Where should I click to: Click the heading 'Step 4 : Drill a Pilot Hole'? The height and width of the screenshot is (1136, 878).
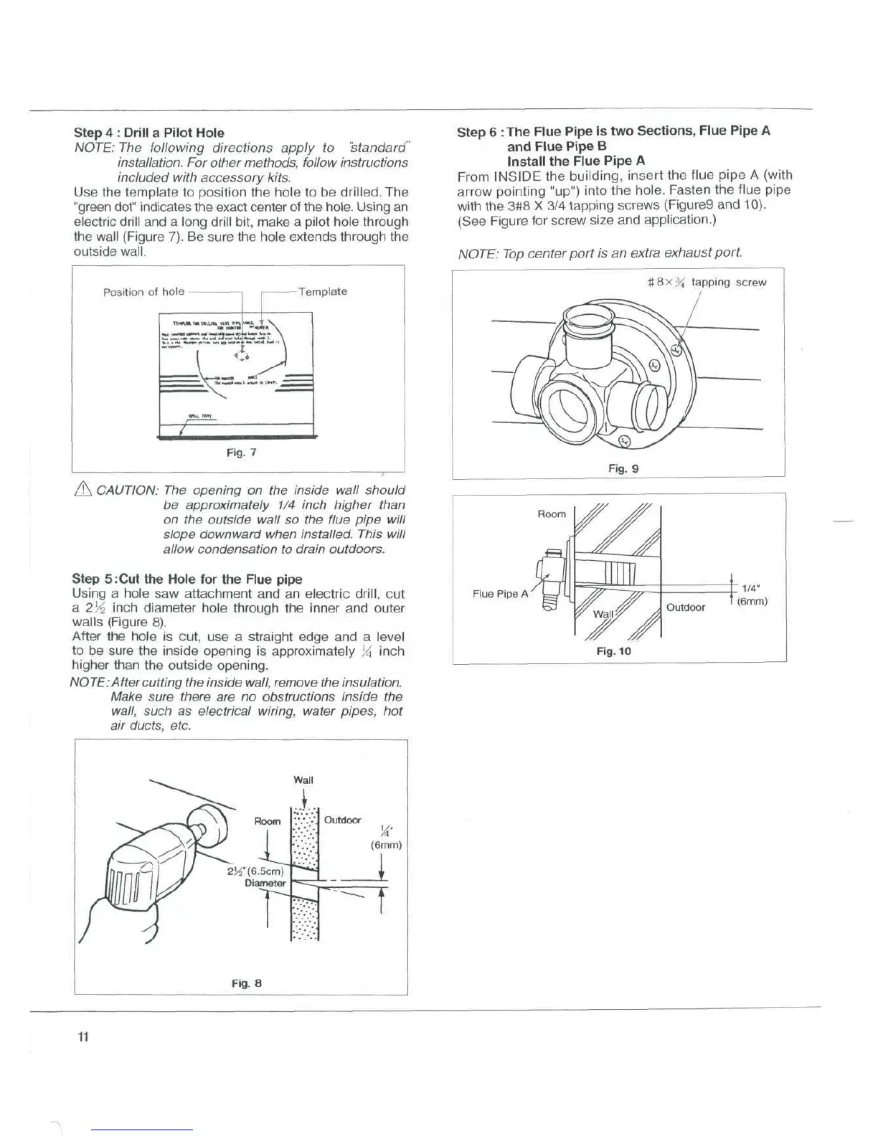point(149,133)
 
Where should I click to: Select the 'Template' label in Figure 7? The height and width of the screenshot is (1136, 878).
point(323,292)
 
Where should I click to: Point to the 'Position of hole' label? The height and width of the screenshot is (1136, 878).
point(143,292)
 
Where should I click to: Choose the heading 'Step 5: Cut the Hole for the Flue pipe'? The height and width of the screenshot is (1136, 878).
point(187,579)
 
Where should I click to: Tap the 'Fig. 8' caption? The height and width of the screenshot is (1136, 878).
point(246,983)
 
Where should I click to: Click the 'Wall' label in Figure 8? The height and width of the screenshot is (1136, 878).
point(303,780)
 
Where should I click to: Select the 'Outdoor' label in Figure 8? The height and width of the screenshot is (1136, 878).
point(343,820)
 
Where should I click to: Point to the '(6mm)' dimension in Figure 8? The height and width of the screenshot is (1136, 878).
point(386,845)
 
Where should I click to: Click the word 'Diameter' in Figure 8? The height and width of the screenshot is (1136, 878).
point(265,883)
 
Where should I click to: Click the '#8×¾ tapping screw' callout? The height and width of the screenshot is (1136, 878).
point(707,283)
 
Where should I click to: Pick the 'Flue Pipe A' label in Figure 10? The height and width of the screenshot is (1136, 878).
point(500,594)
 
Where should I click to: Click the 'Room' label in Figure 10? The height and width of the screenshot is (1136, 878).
point(552,513)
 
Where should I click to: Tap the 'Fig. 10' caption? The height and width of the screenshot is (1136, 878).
point(613,651)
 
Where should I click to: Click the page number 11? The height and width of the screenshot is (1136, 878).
point(82,1037)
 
